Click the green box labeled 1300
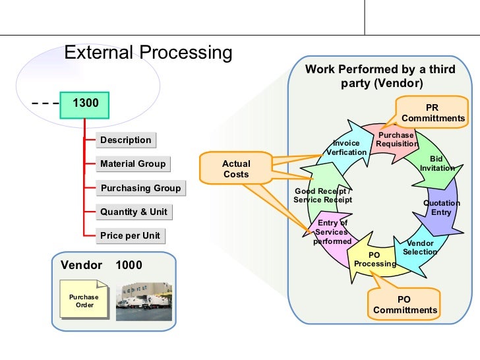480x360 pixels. click(84, 104)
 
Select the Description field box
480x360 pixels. click(125, 140)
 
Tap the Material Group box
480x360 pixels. click(133, 164)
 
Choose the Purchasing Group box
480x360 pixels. click(140, 188)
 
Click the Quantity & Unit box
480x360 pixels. click(134, 212)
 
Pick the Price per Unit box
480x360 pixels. click(130, 235)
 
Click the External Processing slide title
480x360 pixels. click(148, 53)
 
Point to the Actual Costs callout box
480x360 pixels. click(236, 169)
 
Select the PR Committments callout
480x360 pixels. click(433, 113)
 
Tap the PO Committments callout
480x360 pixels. click(405, 305)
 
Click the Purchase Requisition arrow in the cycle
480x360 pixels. click(396, 139)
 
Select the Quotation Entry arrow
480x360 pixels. click(441, 208)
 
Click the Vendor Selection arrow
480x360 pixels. click(419, 248)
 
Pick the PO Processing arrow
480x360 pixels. click(374, 258)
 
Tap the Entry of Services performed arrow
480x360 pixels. click(332, 232)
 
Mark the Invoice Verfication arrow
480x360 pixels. click(346, 147)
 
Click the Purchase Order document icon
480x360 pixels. click(84, 300)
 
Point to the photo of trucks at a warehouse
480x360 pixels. click(144, 302)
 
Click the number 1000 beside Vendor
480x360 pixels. click(129, 265)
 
